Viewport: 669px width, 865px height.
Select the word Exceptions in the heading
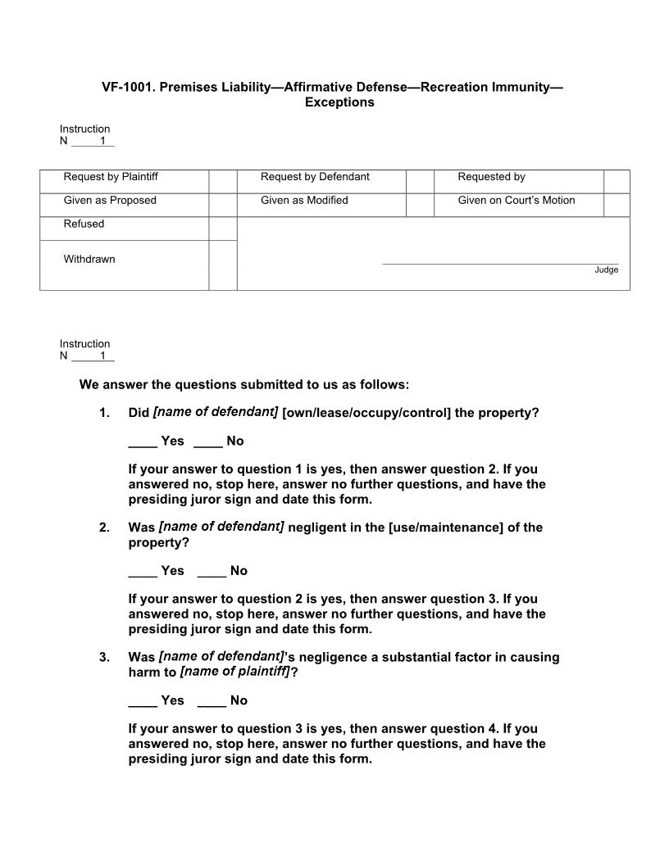pyautogui.click(x=339, y=102)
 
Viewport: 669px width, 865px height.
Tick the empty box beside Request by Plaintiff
pyautogui.click(x=222, y=181)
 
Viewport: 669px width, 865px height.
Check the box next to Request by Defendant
pyautogui.click(x=420, y=181)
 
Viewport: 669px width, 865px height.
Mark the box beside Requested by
pyautogui.click(x=617, y=181)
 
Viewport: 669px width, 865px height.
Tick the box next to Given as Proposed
pyautogui.click(x=222, y=205)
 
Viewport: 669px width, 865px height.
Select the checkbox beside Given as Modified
pyautogui.click(x=420, y=205)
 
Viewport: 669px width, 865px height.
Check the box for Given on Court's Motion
pyautogui.click(x=617, y=205)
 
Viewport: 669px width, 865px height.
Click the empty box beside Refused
pyautogui.click(x=222, y=229)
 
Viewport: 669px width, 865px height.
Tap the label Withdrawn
pyautogui.click(x=89, y=260)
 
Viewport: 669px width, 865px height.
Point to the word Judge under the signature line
pyautogui.click(x=607, y=270)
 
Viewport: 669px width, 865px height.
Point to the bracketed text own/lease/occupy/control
pyautogui.click(x=366, y=413)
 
